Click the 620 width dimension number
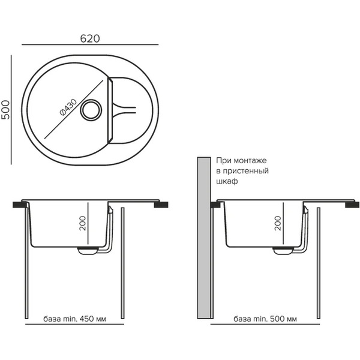tap(90, 38)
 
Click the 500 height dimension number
tap(6, 110)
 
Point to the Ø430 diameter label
tap(68, 107)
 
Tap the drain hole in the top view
tap(91, 110)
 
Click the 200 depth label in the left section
tap(82, 223)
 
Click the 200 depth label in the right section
tap(278, 223)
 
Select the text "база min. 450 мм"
tap(74, 319)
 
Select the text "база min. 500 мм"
tap(265, 319)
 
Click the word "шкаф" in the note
tap(227, 181)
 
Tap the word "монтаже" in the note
tap(250, 160)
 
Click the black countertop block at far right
tap(352, 205)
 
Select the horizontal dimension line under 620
tap(90, 44)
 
